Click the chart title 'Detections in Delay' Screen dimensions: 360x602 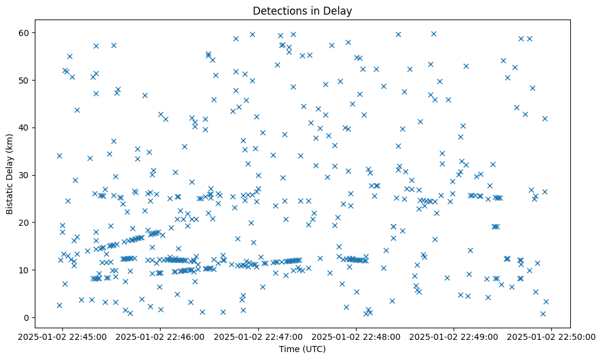coord(302,10)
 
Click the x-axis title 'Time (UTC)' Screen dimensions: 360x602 coord(302,349)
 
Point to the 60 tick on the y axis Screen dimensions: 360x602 coord(28,32)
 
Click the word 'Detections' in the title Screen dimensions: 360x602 coord(278,10)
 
